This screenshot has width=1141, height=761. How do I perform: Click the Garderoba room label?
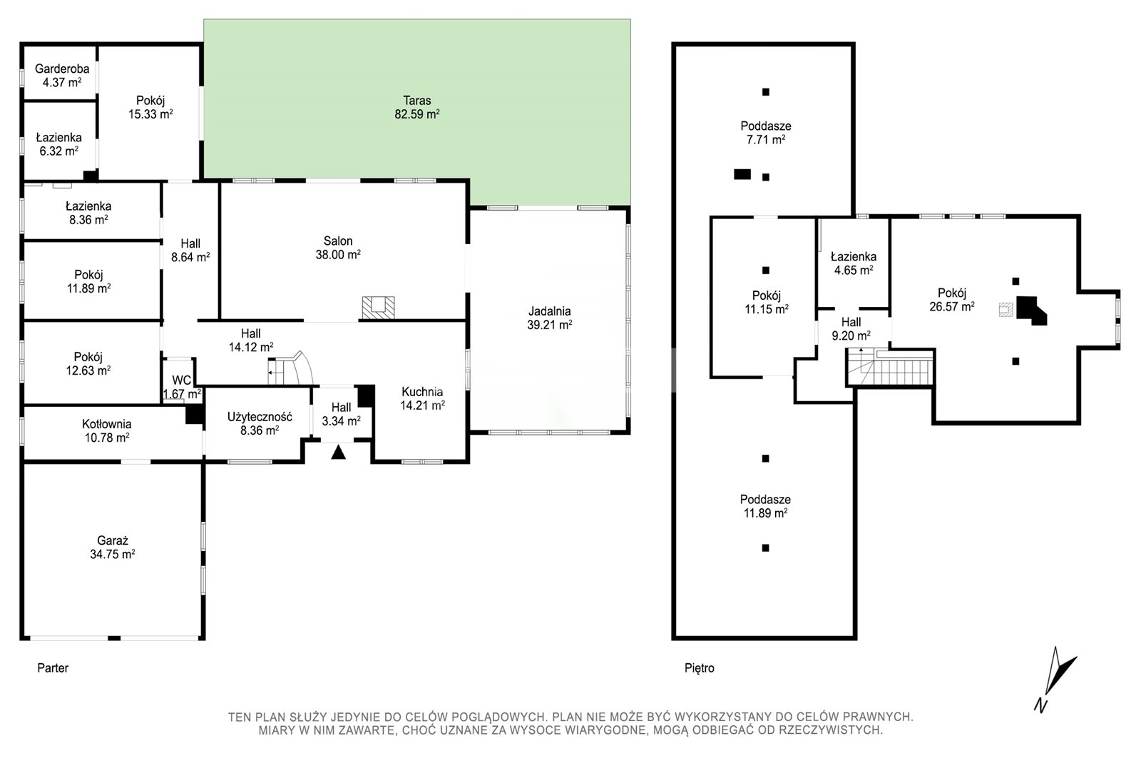[61, 76]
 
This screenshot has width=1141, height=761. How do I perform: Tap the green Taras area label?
[416, 107]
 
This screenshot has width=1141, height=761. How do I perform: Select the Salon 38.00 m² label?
[338, 248]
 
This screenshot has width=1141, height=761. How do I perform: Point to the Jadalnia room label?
[549, 318]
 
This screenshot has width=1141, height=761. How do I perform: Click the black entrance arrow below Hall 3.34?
[338, 452]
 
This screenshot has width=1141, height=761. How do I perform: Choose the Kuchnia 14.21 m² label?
[422, 398]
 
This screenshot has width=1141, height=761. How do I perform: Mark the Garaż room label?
[112, 548]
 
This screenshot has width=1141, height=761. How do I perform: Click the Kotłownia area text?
[106, 430]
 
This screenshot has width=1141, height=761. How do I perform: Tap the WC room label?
[181, 387]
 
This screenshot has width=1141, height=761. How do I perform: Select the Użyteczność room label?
[260, 423]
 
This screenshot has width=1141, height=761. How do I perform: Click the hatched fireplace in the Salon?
[378, 308]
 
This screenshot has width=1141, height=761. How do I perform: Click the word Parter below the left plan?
[53, 667]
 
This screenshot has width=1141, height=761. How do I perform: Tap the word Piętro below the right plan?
[700, 667]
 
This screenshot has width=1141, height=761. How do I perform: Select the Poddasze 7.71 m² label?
[766, 133]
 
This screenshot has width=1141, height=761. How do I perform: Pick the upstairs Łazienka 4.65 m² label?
[853, 263]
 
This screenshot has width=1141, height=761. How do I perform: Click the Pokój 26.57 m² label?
[952, 299]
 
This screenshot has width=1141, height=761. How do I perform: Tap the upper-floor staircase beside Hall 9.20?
[890, 367]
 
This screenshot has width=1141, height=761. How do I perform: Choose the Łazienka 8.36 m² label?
[88, 213]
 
